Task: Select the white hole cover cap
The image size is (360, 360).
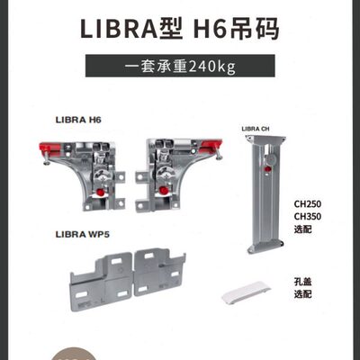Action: [244, 292]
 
